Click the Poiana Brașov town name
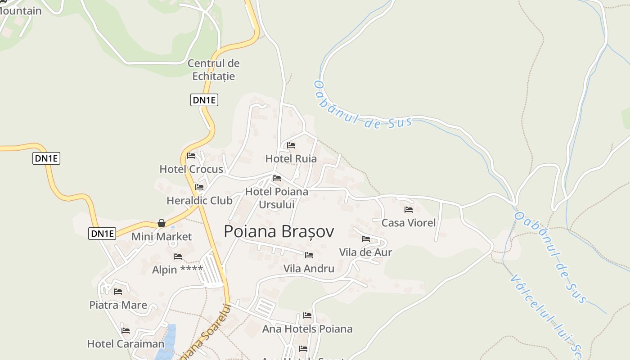click(279, 231)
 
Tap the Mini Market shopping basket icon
click(161, 223)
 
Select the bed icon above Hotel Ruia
click(291, 145)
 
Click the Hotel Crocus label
click(191, 169)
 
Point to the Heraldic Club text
click(199, 200)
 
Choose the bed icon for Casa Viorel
click(409, 210)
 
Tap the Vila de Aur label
click(365, 252)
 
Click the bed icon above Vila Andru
click(309, 255)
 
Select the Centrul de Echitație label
click(214, 70)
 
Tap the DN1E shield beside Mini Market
click(102, 233)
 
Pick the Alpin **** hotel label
click(177, 270)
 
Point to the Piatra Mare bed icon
click(118, 292)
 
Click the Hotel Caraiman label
click(126, 344)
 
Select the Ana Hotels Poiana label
click(307, 329)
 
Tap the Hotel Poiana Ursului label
click(277, 198)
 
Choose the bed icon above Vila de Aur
click(366, 239)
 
